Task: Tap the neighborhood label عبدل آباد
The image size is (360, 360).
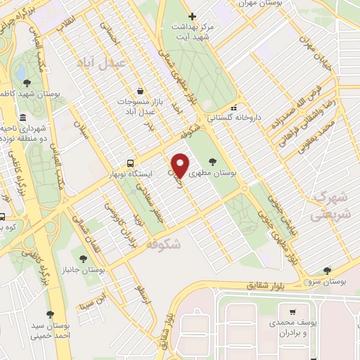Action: [123, 62]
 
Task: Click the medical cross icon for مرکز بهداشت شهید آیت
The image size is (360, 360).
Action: [193, 16]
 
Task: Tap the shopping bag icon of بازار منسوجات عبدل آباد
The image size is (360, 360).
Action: [141, 91]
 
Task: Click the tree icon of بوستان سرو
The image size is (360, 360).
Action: [326, 271]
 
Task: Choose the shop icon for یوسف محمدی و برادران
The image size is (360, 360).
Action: [292, 311]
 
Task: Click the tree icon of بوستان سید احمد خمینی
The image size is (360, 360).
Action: [49, 314]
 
